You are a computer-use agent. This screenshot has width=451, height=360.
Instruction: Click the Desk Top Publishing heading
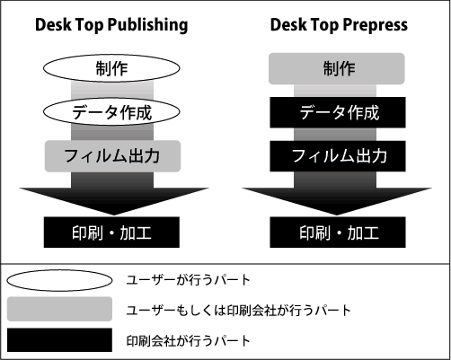click(111, 25)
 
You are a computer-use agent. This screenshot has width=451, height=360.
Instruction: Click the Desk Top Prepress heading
click(339, 25)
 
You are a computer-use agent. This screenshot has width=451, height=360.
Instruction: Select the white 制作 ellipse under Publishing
click(111, 68)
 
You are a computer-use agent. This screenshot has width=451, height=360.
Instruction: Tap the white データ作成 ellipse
click(111, 111)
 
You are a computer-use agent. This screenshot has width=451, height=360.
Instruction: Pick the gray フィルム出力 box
click(112, 156)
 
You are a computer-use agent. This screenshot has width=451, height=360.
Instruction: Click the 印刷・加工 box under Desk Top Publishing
click(111, 233)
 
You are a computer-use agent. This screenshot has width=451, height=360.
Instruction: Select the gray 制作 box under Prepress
click(337, 68)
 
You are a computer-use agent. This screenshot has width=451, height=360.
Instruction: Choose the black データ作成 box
click(338, 112)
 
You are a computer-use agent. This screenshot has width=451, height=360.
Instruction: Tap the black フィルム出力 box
click(338, 156)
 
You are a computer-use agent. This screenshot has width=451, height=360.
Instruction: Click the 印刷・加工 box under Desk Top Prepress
click(338, 233)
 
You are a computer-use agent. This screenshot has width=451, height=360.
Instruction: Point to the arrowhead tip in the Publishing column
click(114, 215)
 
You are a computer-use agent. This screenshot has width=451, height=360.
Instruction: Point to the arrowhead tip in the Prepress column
click(337, 215)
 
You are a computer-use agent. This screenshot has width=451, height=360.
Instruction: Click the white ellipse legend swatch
click(59, 280)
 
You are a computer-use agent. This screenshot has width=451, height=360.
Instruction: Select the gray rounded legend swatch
click(59, 309)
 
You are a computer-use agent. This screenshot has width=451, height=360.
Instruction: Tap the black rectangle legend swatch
click(59, 340)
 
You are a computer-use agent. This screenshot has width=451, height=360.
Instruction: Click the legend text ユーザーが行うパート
click(188, 280)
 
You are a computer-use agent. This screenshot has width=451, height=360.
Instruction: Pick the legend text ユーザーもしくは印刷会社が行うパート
click(238, 311)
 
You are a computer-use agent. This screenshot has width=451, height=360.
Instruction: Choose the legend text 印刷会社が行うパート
click(188, 341)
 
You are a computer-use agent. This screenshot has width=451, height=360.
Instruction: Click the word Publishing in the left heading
click(147, 25)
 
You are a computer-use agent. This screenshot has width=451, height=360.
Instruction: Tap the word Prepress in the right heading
click(375, 25)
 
